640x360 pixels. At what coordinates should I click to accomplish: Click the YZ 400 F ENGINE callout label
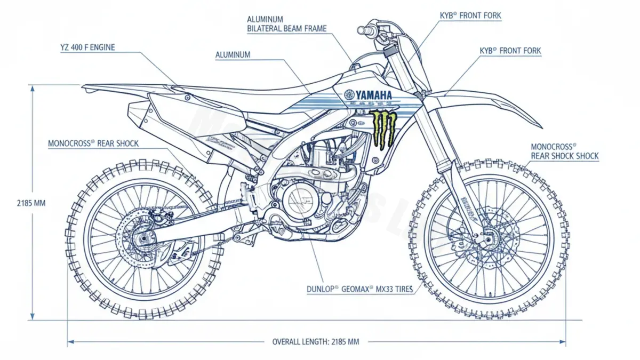87,47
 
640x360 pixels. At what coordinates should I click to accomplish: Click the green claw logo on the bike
384,128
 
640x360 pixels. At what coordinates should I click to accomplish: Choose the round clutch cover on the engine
299,203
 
